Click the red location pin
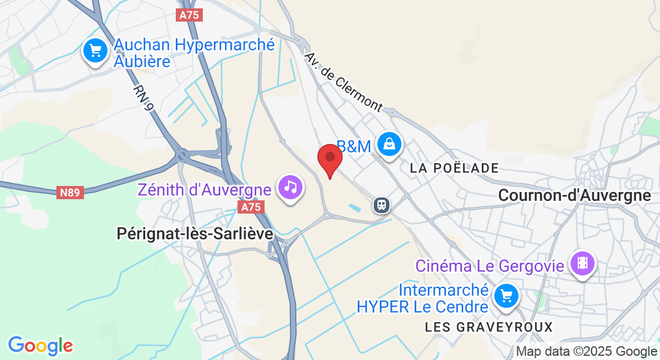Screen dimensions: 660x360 329,160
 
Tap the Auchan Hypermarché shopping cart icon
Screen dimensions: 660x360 95,50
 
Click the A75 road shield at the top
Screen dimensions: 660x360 190,15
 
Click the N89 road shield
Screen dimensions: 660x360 71,193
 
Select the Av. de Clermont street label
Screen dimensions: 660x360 343,82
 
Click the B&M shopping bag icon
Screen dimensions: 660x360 389,144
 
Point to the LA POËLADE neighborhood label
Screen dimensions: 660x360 454,168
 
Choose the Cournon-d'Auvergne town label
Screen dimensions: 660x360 574,195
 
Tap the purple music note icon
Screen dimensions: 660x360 290,187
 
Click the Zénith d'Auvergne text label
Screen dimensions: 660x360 204,190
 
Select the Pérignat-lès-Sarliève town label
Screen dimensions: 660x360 195,234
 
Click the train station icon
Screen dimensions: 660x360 381,205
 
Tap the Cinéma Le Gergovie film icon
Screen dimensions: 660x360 581,262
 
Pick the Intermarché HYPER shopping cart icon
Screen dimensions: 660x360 506,295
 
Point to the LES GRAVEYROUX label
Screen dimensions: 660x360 488,327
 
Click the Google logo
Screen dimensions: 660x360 40,346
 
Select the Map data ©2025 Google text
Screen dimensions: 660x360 586,352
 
